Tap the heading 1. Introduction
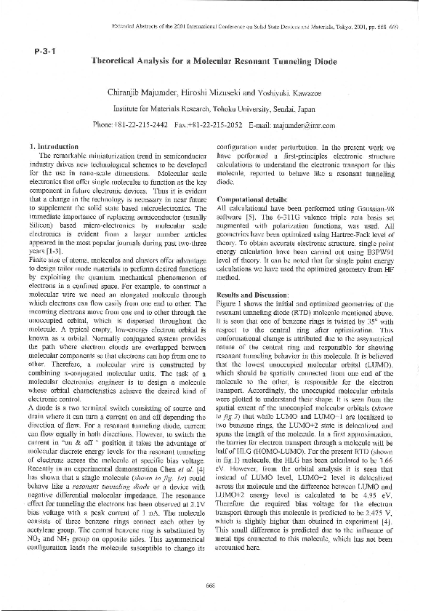(54, 147)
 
